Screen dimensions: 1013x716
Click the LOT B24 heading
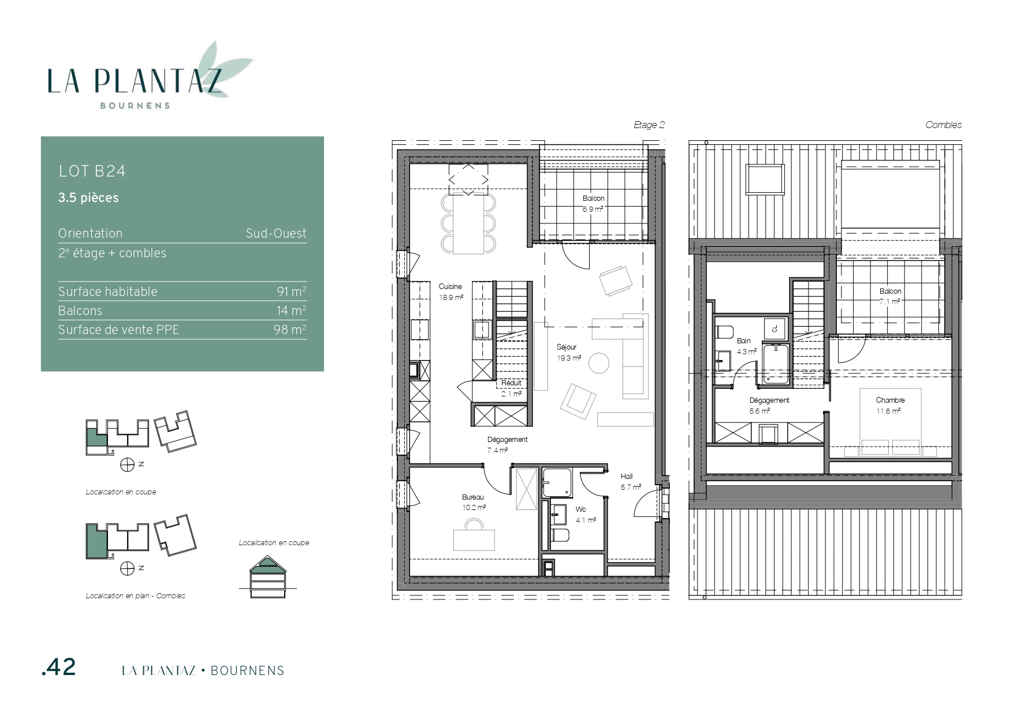click(x=92, y=171)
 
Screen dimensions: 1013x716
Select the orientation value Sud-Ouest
click(x=276, y=234)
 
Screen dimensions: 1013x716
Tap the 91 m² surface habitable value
click(x=292, y=291)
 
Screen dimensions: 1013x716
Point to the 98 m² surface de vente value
click(x=290, y=329)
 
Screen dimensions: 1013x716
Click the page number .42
click(x=59, y=667)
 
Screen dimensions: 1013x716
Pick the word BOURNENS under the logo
click(x=135, y=106)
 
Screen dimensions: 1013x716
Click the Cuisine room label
click(x=450, y=287)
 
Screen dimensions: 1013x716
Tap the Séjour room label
click(x=567, y=347)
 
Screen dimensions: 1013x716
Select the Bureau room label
click(x=473, y=497)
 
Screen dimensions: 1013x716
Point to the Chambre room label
click(x=890, y=400)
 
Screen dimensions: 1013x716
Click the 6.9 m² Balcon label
click(x=593, y=204)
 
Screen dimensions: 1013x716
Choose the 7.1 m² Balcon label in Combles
click(x=890, y=297)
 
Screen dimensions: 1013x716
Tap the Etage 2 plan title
click(x=649, y=125)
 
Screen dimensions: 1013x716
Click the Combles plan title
click(x=944, y=125)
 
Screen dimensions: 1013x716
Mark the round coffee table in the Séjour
click(x=598, y=363)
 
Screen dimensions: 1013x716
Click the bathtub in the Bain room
click(x=777, y=363)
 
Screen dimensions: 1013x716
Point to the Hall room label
click(x=627, y=477)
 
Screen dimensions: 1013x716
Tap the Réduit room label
click(x=511, y=383)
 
